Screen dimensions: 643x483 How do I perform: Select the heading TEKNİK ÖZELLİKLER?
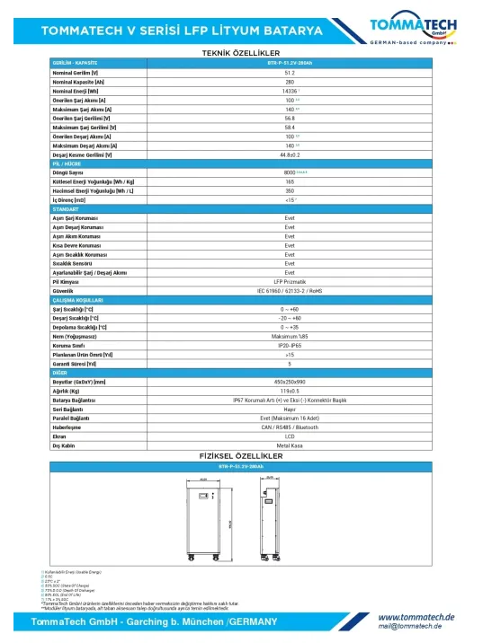pos(241,54)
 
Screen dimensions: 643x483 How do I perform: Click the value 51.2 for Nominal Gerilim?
pos(289,72)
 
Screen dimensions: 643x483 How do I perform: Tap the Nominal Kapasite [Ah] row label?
pos(76,82)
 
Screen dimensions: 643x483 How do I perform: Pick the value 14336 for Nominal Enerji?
pos(289,91)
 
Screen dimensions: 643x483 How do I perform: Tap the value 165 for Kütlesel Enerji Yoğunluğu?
pos(289,181)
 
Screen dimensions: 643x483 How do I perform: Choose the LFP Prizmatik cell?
pos(289,281)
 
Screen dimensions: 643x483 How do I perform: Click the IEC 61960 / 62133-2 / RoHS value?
pos(289,291)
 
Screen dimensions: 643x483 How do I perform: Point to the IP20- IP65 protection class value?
pos(289,346)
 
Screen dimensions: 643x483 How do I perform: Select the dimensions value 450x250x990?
pos(289,383)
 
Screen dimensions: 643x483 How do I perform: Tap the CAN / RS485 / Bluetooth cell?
pos(289,428)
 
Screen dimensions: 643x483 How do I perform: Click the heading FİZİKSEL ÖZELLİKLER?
pos(241,456)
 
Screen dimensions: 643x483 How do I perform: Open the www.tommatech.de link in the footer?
pos(416,617)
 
